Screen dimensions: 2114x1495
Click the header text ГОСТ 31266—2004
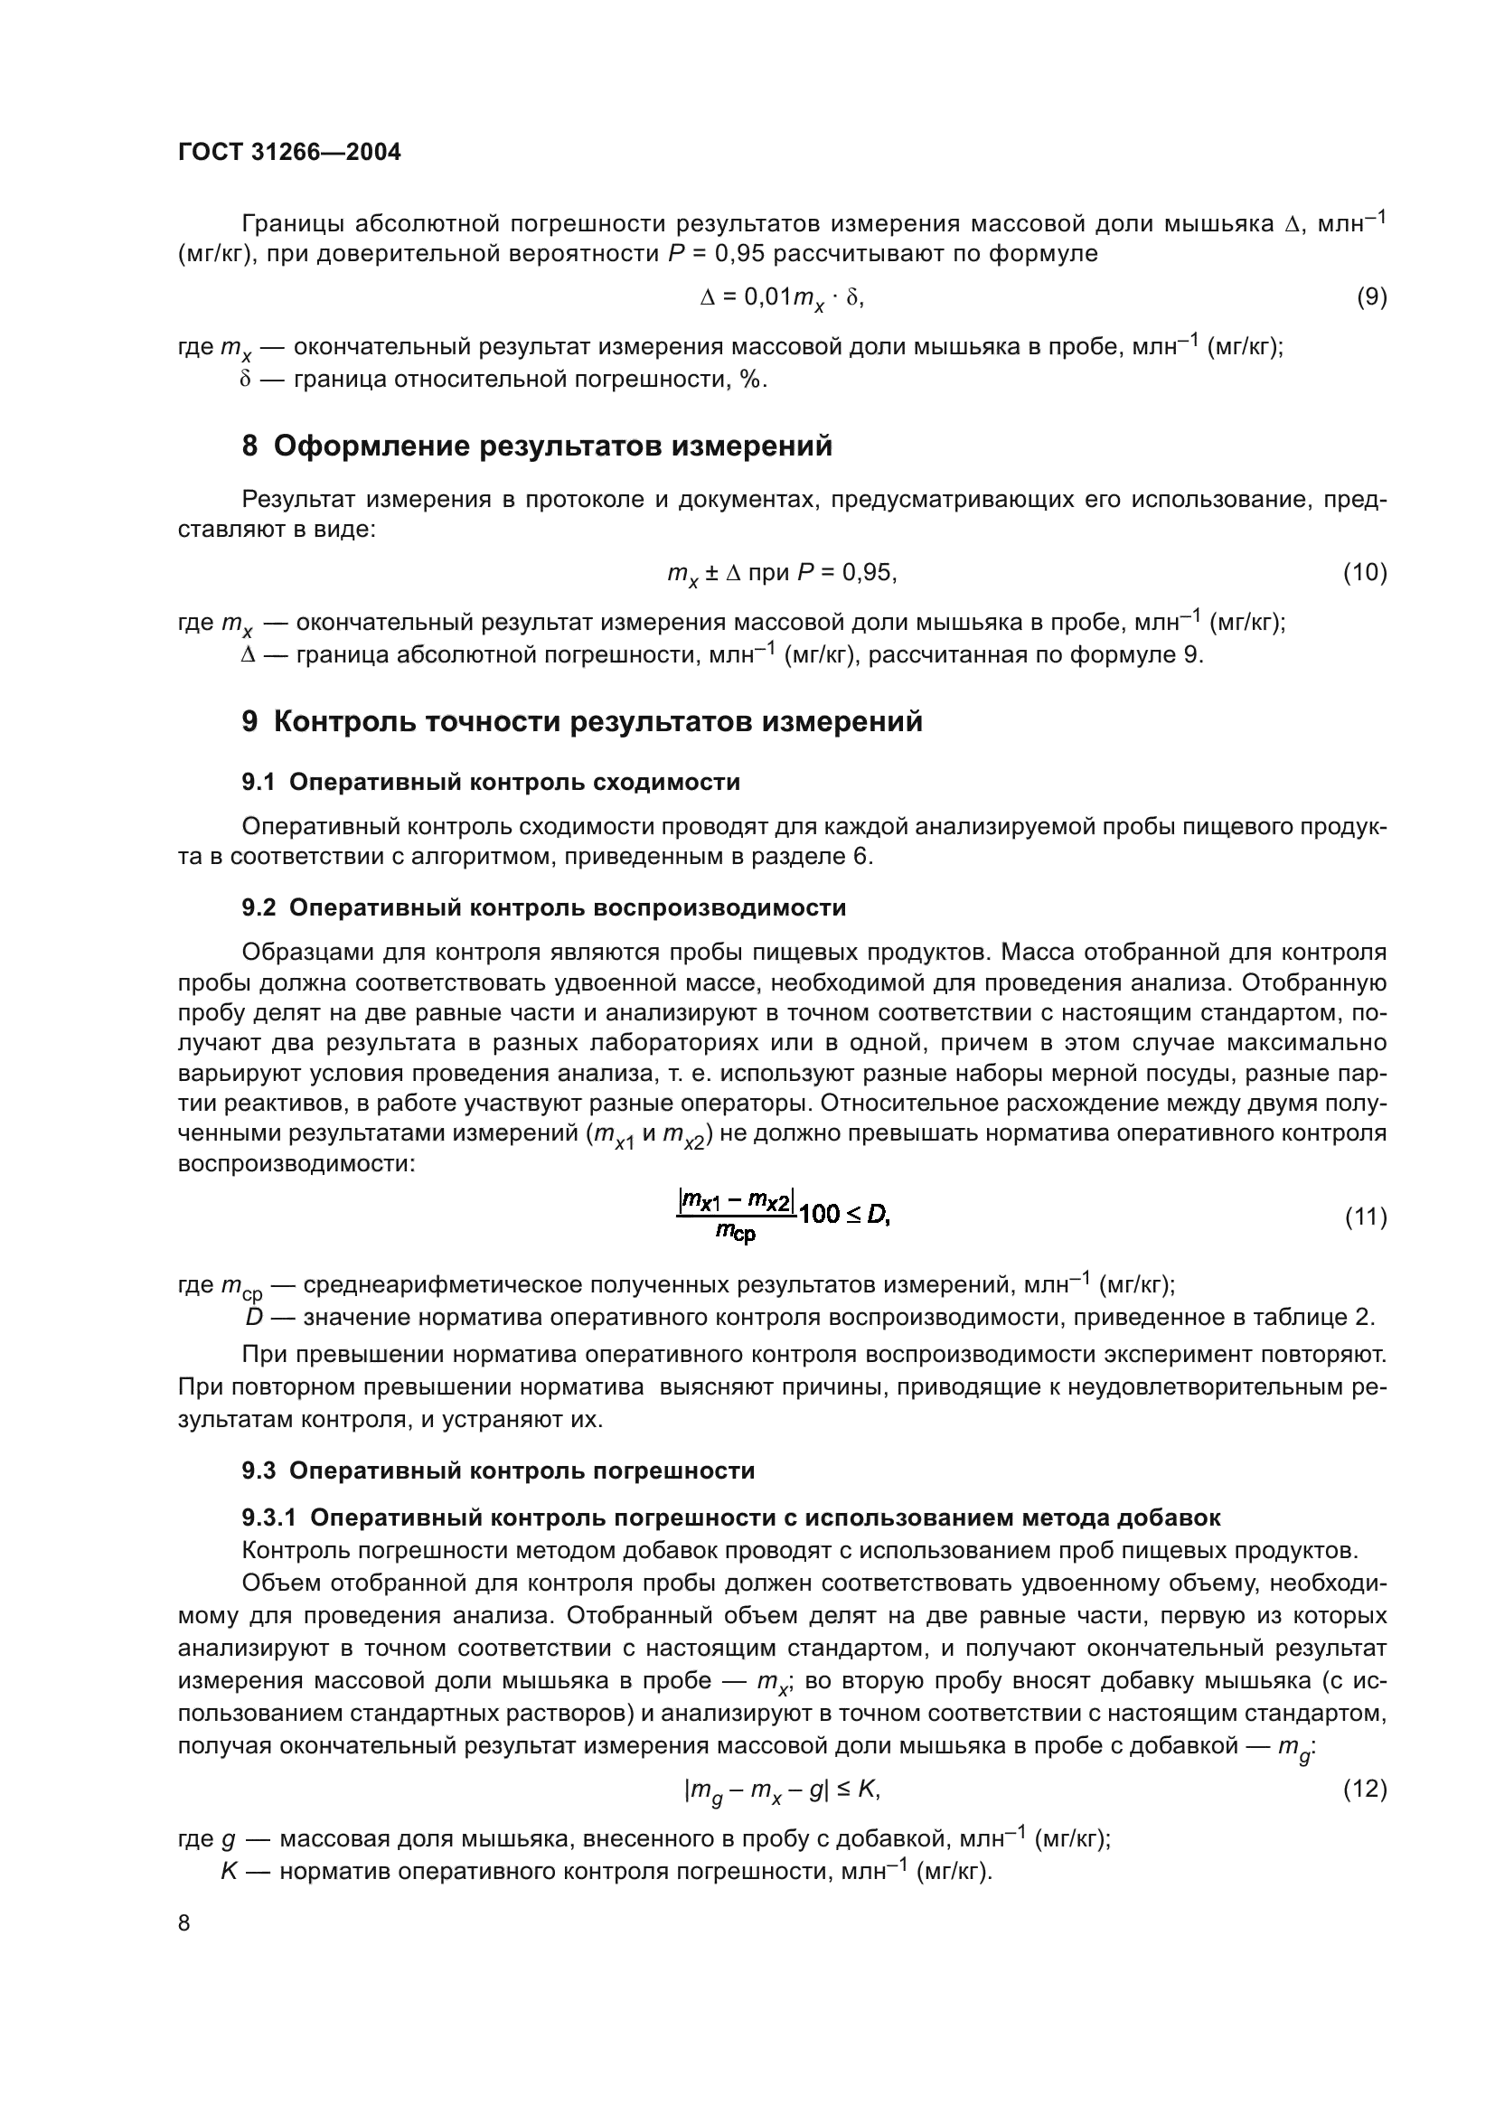click(x=289, y=153)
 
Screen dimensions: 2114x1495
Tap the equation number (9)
click(x=1371, y=297)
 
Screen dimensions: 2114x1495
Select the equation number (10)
click(x=1364, y=573)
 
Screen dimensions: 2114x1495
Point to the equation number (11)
click(x=1364, y=1217)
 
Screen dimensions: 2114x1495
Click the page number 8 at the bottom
click(x=184, y=1922)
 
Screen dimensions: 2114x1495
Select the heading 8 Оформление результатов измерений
click(x=537, y=446)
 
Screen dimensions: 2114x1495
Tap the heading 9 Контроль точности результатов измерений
click(x=582, y=722)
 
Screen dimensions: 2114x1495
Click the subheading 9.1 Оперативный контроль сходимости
click(x=491, y=783)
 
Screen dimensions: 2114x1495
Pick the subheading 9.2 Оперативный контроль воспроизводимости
click(x=543, y=907)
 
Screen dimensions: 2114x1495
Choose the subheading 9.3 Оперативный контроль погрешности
click(x=498, y=1470)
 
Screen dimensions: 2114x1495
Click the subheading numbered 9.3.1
click(x=731, y=1517)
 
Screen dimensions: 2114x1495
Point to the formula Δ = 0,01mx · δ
click(x=782, y=297)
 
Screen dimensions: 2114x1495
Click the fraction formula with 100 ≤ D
click(x=784, y=1217)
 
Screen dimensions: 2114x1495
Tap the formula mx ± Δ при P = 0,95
click(x=782, y=574)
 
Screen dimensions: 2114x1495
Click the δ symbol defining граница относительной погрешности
click(x=246, y=380)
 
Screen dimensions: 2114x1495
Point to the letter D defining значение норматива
click(x=254, y=1318)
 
